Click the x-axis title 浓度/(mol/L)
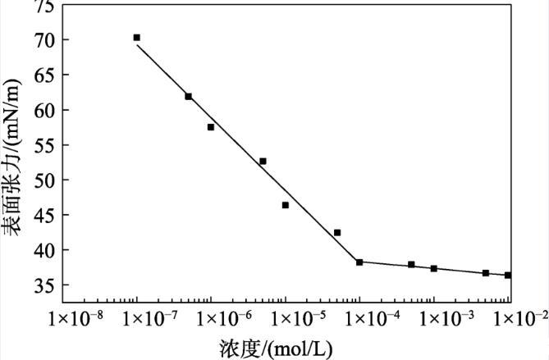[x=277, y=347]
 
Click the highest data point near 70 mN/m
[x=137, y=38]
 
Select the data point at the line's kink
[x=359, y=262]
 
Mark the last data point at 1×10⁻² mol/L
[x=508, y=275]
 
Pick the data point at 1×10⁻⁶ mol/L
[x=211, y=127]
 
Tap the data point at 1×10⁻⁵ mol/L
[x=285, y=205]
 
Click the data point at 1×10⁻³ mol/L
[x=433, y=268]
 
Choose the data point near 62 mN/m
[x=188, y=96]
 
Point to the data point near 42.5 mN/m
[x=337, y=233]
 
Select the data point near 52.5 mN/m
[x=263, y=161]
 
